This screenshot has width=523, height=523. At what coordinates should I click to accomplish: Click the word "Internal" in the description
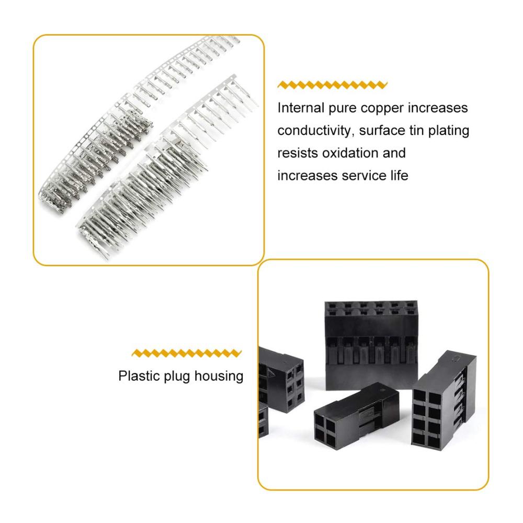(301, 108)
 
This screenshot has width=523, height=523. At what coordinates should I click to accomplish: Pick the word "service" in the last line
(364, 175)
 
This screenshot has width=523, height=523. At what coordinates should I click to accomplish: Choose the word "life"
(399, 175)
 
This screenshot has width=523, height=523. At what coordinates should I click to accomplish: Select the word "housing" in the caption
(219, 377)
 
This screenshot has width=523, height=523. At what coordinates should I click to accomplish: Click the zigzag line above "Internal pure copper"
(332, 85)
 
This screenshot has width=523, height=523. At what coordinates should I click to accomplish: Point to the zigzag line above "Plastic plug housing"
(187, 353)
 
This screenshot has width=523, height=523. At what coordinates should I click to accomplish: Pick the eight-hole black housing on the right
(444, 400)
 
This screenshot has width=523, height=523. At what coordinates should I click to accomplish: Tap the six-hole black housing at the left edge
(282, 380)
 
